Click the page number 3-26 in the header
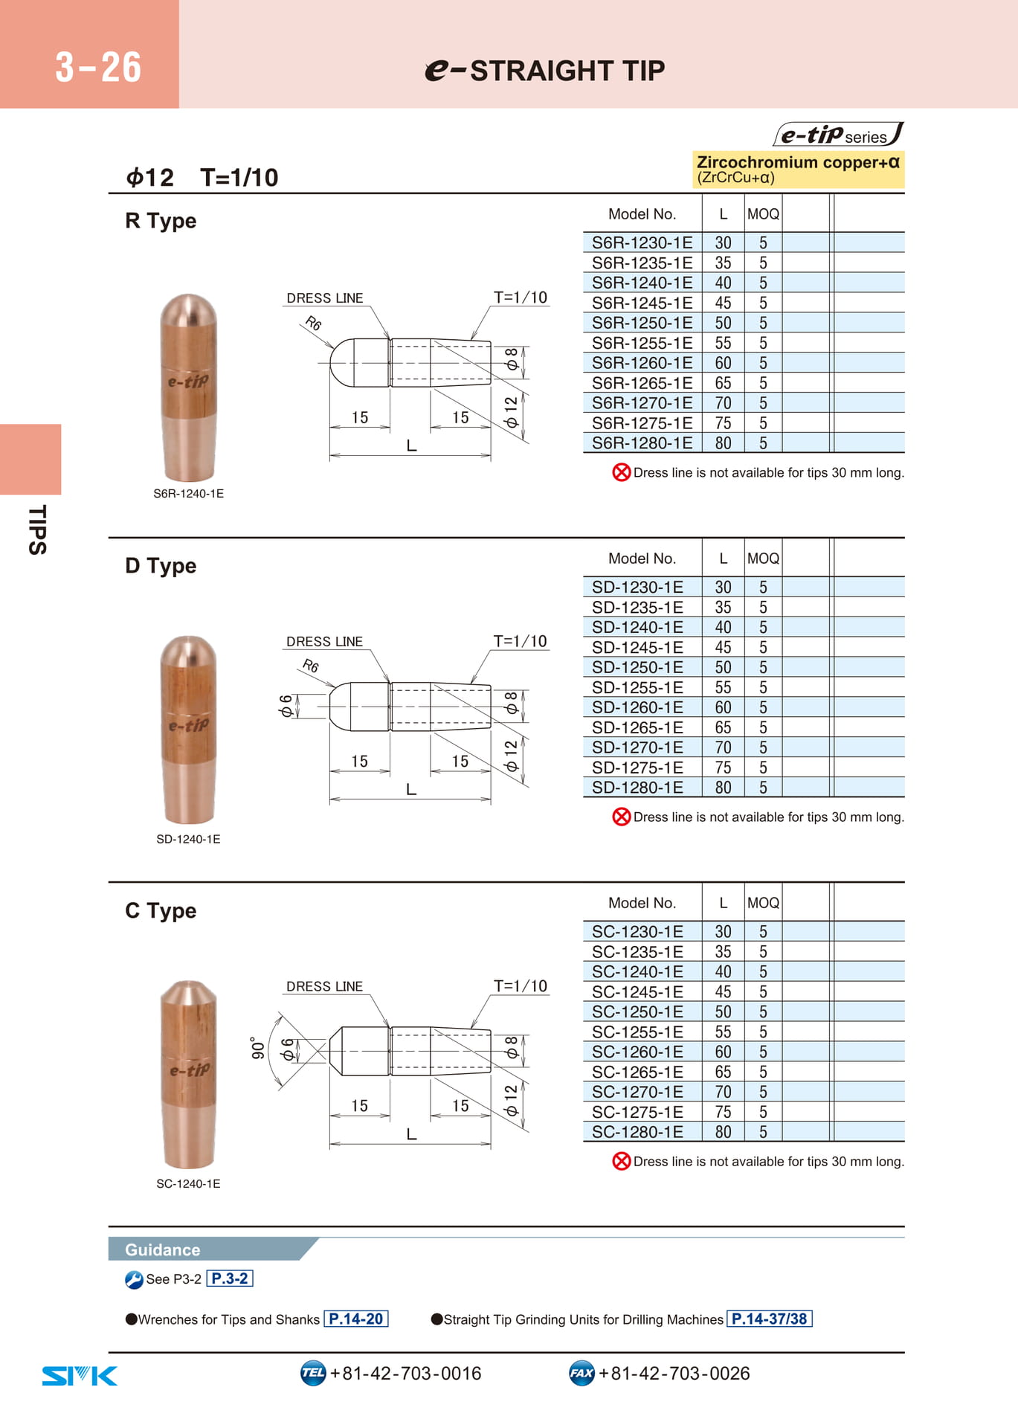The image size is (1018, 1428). click(98, 67)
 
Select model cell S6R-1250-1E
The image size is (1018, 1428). click(642, 323)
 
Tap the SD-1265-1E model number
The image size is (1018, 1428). click(637, 727)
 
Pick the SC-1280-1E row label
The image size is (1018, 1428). click(637, 1132)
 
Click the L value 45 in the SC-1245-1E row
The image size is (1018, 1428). click(723, 991)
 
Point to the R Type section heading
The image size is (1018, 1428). click(161, 221)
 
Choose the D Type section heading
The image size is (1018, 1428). click(161, 566)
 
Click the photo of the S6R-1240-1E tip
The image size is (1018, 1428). click(189, 387)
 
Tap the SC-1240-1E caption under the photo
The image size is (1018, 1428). click(188, 1183)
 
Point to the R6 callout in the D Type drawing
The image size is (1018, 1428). click(311, 666)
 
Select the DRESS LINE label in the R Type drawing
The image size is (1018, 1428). click(325, 298)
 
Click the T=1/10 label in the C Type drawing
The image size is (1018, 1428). click(521, 986)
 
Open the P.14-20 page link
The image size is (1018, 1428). click(356, 1319)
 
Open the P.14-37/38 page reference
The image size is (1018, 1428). click(770, 1319)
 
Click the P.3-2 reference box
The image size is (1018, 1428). click(230, 1279)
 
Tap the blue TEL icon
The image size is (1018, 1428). click(313, 1373)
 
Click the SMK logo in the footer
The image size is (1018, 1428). click(80, 1376)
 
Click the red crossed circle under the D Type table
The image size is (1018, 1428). click(621, 817)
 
